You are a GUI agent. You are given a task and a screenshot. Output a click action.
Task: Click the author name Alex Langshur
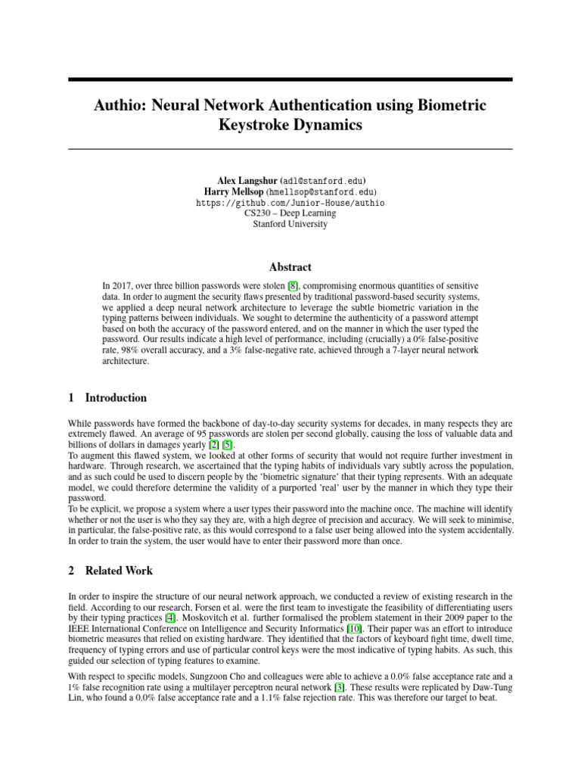click(245, 182)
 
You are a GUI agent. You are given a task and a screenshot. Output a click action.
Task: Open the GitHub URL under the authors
click(290, 203)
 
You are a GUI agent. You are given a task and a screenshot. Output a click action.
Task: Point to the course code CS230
click(258, 213)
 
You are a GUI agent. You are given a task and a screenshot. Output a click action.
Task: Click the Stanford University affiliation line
click(290, 224)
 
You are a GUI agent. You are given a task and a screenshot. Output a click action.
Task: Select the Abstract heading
click(290, 267)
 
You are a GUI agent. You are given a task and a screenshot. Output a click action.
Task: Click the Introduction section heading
click(116, 398)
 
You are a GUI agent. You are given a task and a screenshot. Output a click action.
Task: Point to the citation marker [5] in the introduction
click(228, 445)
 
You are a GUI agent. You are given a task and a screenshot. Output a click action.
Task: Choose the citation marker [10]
click(353, 629)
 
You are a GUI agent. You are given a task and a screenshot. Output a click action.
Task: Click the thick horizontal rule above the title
click(290, 79)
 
